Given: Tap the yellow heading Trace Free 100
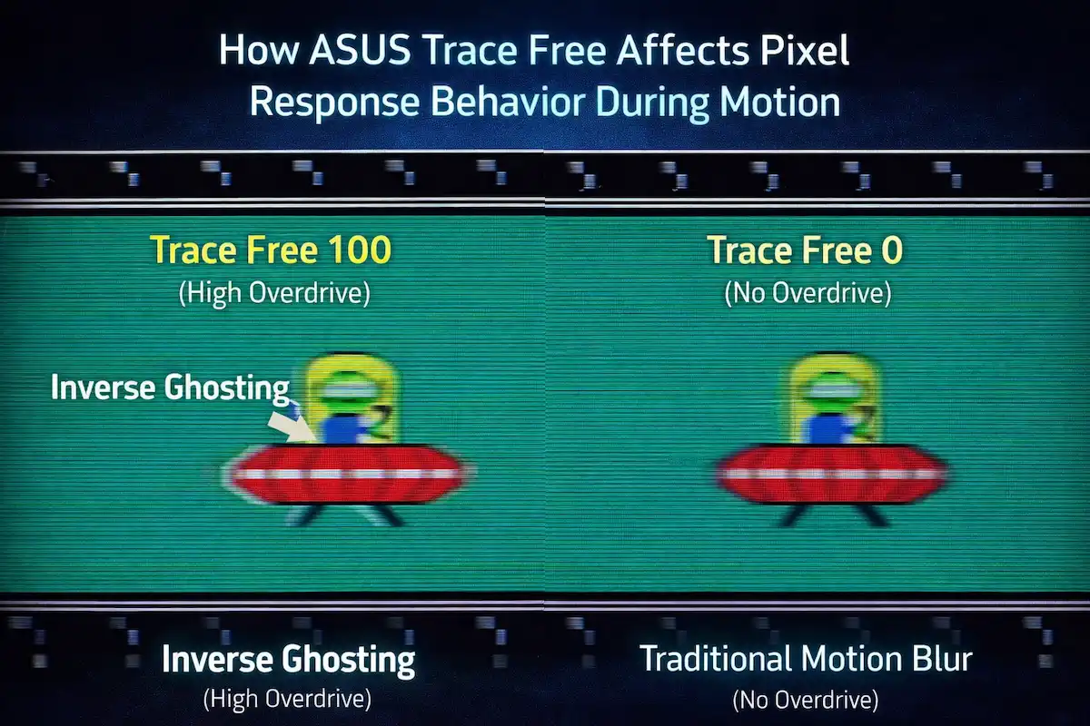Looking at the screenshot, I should [271, 250].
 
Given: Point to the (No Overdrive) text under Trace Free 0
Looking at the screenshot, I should [807, 295].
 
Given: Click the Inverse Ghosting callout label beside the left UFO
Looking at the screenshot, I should [169, 388].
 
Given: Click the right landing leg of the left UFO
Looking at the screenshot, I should [387, 515].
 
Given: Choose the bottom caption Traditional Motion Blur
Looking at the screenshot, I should [806, 659].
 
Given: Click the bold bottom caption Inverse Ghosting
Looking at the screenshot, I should [288, 660].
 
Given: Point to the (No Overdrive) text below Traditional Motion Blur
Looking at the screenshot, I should [805, 700].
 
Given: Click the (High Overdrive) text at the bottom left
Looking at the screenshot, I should [288, 700].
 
